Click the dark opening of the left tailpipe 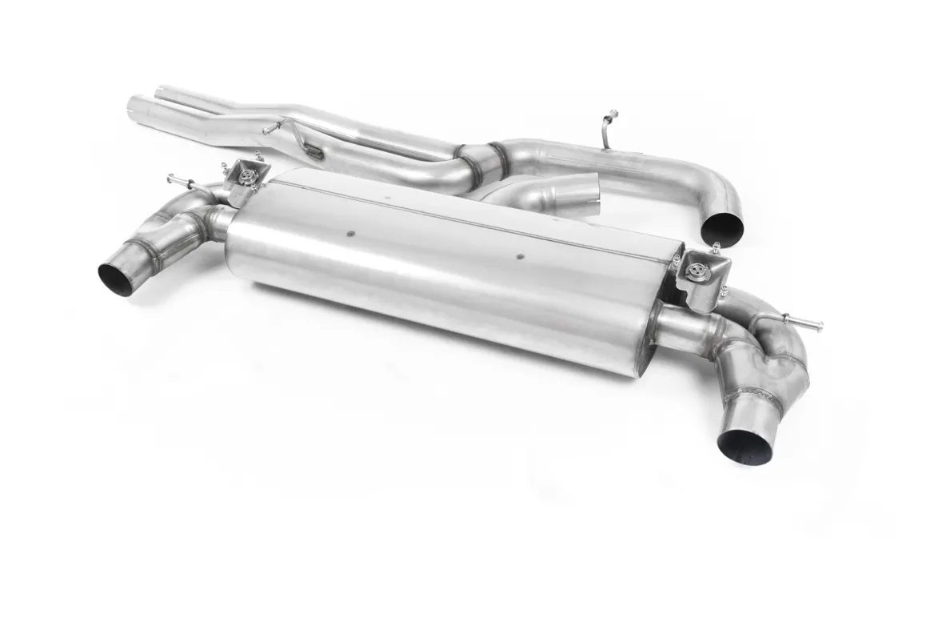117,279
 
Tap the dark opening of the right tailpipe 744,447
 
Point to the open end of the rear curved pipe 721,230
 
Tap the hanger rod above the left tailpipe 181,181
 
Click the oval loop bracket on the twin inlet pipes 314,151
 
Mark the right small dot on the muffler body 520,257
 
